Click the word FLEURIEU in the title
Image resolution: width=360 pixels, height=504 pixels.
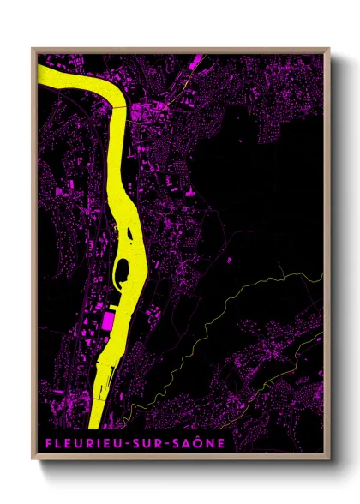tap(77, 442)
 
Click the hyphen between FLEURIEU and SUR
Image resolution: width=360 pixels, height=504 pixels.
tap(119, 443)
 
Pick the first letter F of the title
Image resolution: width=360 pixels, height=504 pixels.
tap(43, 442)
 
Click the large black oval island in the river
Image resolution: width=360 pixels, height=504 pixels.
tap(123, 271)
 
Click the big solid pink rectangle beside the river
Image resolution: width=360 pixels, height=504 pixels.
tap(108, 321)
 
